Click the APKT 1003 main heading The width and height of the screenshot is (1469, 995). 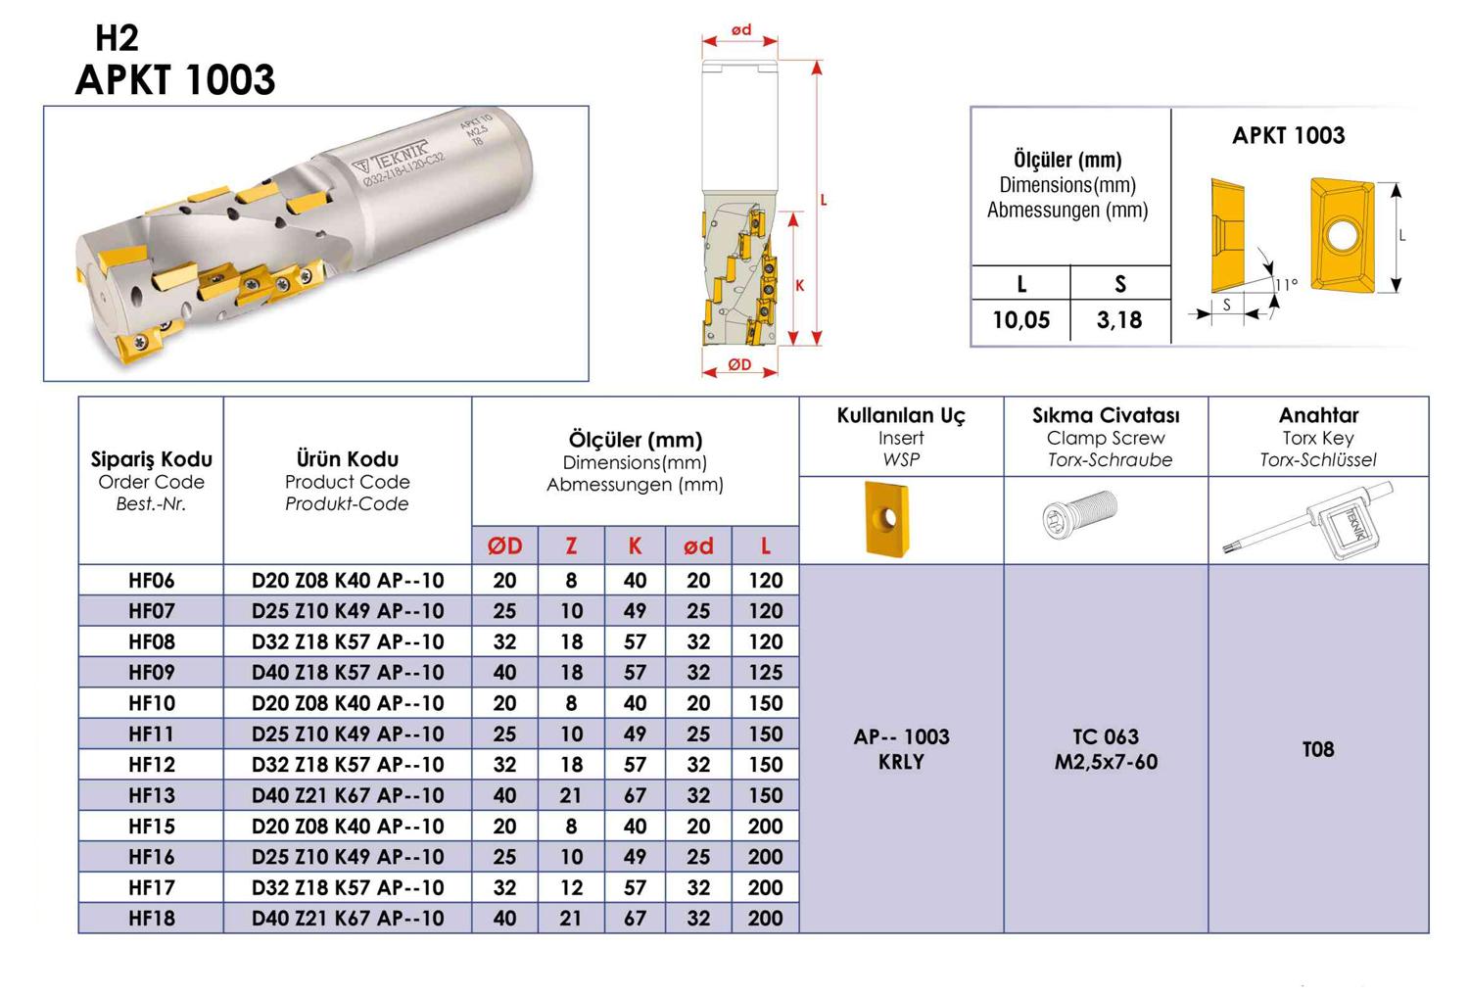[x=175, y=80]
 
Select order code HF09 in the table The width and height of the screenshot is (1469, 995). [x=152, y=672]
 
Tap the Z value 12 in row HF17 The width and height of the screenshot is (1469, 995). [x=571, y=887]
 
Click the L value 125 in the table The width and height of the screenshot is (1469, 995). [x=765, y=672]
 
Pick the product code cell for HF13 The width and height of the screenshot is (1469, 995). [x=348, y=795]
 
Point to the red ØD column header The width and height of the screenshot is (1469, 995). [x=505, y=545]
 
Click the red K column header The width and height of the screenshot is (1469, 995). [x=635, y=545]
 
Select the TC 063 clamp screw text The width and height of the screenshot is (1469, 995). [x=1106, y=736]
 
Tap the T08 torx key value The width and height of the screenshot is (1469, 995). [x=1318, y=749]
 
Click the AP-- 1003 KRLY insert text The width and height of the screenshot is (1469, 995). [x=901, y=749]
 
